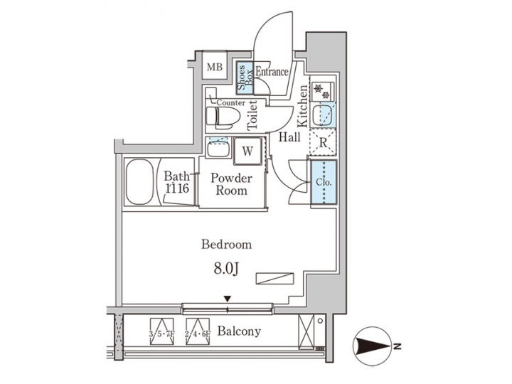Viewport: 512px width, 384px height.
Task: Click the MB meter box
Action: (215, 68)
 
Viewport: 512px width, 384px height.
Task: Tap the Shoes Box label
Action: (242, 75)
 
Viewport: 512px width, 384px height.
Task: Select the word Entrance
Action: (271, 71)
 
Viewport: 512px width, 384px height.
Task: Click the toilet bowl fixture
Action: (219, 115)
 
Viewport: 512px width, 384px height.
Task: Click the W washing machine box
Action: (247, 151)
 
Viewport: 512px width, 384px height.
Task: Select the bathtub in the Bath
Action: (141, 183)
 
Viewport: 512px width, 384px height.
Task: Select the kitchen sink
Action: (325, 114)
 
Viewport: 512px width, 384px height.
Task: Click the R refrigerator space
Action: (324, 142)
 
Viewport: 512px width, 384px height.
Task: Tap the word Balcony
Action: (239, 331)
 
